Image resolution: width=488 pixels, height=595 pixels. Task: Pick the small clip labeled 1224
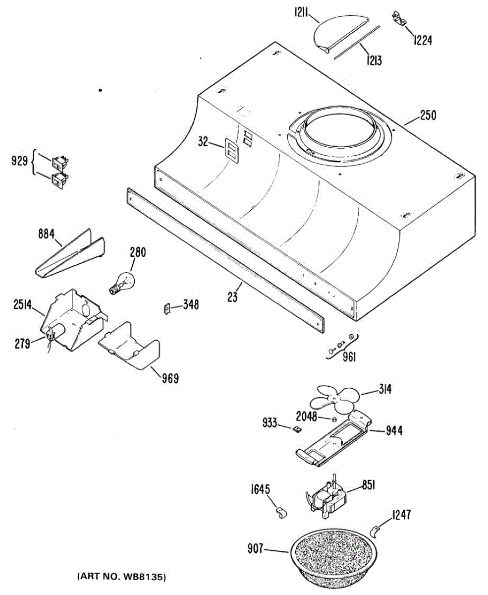pyautogui.click(x=400, y=20)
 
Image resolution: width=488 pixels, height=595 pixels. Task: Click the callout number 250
pyautogui.click(x=428, y=116)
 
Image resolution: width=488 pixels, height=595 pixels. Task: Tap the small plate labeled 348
pyautogui.click(x=167, y=309)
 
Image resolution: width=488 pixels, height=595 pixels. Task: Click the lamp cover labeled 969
pyautogui.click(x=130, y=345)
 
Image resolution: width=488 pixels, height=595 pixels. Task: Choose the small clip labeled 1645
pyautogui.click(x=280, y=512)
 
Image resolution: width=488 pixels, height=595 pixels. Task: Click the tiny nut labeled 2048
pyautogui.click(x=334, y=419)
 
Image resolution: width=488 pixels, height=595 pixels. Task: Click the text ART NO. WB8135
pyautogui.click(x=122, y=577)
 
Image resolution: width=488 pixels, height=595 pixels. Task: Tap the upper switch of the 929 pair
pyautogui.click(x=59, y=162)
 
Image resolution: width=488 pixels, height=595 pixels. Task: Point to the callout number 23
pyautogui.click(x=233, y=297)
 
